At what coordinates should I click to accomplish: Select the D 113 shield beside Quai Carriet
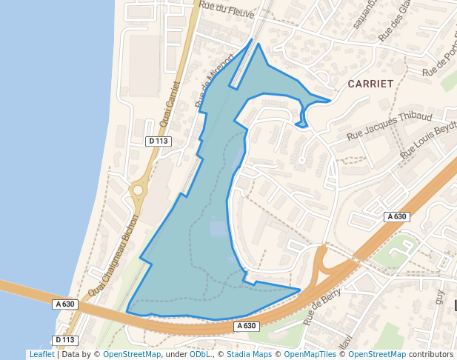tap(159, 141)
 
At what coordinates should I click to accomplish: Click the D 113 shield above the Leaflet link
tap(66, 340)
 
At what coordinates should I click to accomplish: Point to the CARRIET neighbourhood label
tap(370, 84)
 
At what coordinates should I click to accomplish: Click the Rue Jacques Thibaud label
tap(390, 127)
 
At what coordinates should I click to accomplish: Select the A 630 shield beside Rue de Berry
tap(247, 326)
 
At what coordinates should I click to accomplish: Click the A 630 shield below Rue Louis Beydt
tap(397, 216)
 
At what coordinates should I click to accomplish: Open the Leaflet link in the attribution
tap(41, 354)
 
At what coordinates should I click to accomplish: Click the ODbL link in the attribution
tap(200, 354)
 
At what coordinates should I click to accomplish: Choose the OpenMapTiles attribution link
tap(312, 354)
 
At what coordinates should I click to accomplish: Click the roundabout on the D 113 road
tap(138, 190)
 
